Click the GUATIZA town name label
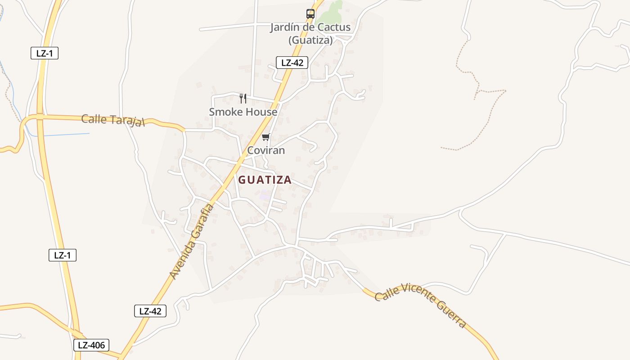click(x=265, y=180)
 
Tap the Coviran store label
click(x=266, y=150)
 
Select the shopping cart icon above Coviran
click(x=265, y=137)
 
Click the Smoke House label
click(x=243, y=112)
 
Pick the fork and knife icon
click(x=243, y=98)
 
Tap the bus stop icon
click(x=310, y=14)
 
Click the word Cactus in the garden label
click(x=333, y=27)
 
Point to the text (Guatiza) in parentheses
click(x=310, y=40)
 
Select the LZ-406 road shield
click(x=91, y=345)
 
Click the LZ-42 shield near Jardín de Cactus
click(x=292, y=63)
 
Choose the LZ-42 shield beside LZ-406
click(x=150, y=311)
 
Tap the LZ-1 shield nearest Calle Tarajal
click(x=45, y=53)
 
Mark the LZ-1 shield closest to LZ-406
click(x=63, y=255)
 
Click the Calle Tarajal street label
click(x=113, y=121)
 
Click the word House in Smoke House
click(x=261, y=112)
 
